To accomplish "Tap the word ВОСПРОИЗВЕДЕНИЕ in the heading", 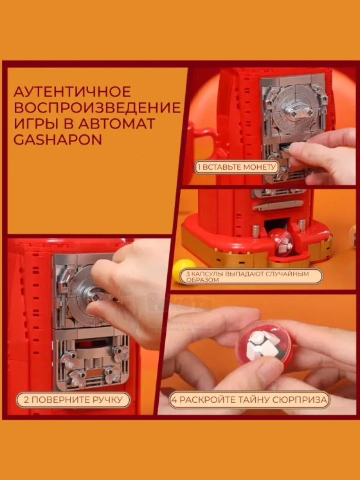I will coord(97,107).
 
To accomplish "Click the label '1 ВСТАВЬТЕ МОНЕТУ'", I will coord(236,167).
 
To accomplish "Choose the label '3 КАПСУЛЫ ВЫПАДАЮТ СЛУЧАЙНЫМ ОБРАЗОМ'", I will coord(248,277).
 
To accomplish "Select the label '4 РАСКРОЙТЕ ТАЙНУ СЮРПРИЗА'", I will coord(249,400).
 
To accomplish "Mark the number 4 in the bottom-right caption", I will coord(174,400).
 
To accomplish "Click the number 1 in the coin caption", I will coord(199,167).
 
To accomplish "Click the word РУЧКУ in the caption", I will coord(108,400).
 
